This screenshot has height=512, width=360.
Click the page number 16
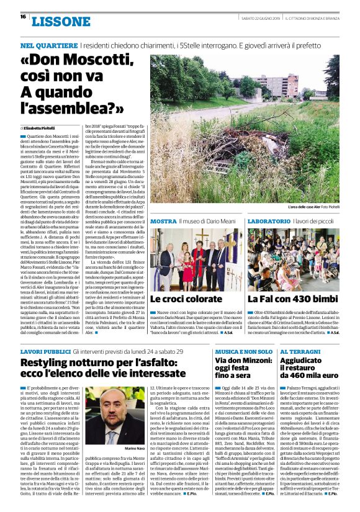click(23, 17)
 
